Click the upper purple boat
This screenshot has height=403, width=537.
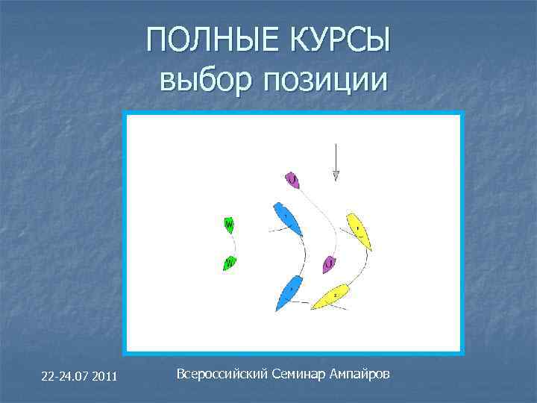(292, 180)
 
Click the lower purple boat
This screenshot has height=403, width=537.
(329, 264)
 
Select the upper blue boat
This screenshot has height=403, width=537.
(288, 219)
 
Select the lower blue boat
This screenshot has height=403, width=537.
(289, 291)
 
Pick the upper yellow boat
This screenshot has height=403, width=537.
(359, 230)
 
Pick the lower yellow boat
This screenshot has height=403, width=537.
(331, 296)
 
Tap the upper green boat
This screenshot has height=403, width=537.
(229, 224)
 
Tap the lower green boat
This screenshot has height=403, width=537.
(230, 263)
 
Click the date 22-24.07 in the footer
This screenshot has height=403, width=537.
(63, 375)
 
